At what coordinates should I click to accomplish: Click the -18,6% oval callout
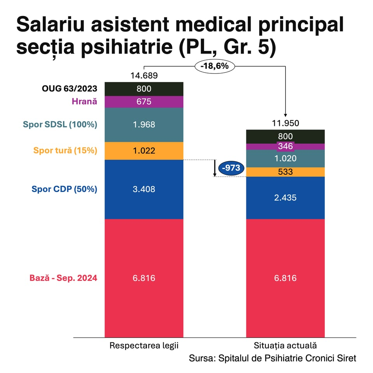pyautogui.click(x=214, y=66)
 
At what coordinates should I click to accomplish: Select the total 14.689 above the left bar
pyautogui.click(x=144, y=76)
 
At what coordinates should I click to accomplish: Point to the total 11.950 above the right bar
pyautogui.click(x=286, y=124)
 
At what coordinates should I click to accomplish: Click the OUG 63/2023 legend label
pyautogui.click(x=69, y=89)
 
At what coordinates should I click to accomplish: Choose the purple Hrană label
pyautogui.click(x=84, y=102)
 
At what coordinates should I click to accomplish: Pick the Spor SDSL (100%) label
pyautogui.click(x=60, y=125)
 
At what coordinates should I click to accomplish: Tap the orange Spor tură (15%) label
pyautogui.click(x=65, y=150)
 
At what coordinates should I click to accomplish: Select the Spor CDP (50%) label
pyautogui.click(x=64, y=189)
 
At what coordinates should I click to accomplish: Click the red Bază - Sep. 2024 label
pyautogui.click(x=63, y=278)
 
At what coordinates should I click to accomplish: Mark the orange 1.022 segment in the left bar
pyautogui.click(x=144, y=151)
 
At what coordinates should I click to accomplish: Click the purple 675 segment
pyautogui.click(x=144, y=102)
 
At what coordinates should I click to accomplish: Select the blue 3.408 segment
pyautogui.click(x=144, y=189)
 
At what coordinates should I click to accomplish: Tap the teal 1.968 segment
pyautogui.click(x=144, y=125)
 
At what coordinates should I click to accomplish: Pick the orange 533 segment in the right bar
pyautogui.click(x=286, y=172)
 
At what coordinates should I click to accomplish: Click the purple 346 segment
pyautogui.click(x=286, y=146)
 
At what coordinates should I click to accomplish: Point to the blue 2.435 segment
pyautogui.click(x=286, y=198)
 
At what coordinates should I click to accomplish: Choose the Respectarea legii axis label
pyautogui.click(x=144, y=345)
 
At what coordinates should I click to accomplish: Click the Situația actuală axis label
pyautogui.click(x=286, y=345)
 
